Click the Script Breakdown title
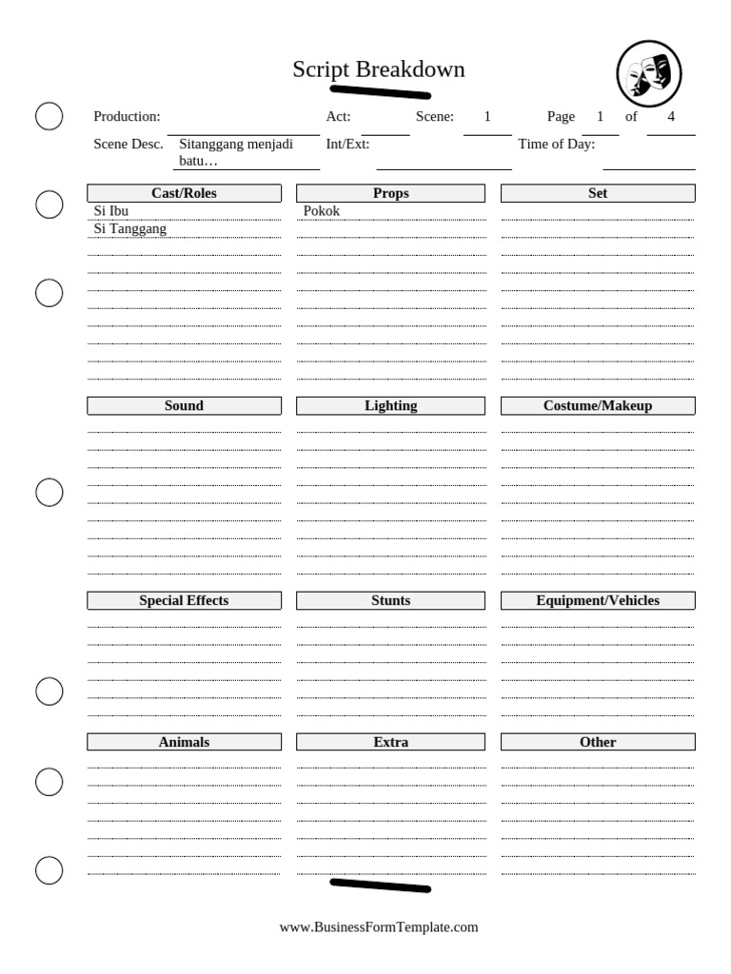coord(378,69)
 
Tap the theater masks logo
coord(649,73)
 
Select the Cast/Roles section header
coord(184,193)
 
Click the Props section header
coord(390,193)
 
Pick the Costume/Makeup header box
coord(598,405)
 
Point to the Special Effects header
coord(184,600)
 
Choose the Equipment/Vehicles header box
coord(598,600)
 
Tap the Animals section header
coord(184,742)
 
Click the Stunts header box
coord(390,600)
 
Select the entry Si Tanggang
coord(130,229)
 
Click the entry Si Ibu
coord(111,211)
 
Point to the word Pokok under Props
coord(322,211)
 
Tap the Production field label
coord(127,117)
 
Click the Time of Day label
coord(557,145)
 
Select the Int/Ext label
coord(347,145)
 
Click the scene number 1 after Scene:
coord(487,117)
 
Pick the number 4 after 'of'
coord(671,117)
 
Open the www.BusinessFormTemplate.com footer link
coord(379,926)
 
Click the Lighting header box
coord(390,405)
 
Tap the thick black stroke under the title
coord(380,92)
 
